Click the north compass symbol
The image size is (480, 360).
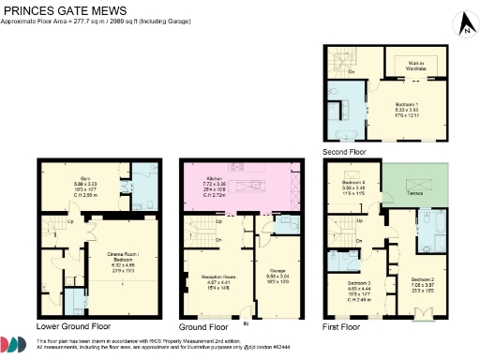pos(463,25)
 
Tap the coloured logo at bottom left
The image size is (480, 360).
pos(14,346)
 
